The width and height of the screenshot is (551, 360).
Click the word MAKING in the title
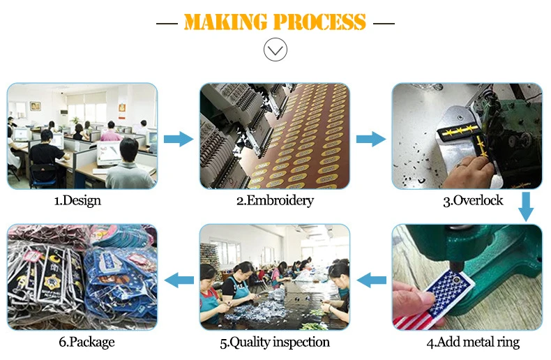click(x=226, y=22)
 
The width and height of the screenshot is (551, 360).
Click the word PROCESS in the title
click(x=319, y=22)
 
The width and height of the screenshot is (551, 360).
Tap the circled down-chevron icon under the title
click(x=275, y=50)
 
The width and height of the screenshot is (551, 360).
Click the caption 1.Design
click(x=77, y=201)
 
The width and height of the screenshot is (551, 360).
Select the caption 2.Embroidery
click(x=274, y=201)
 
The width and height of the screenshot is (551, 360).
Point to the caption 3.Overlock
click(x=472, y=201)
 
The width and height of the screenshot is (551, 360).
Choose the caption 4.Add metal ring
click(x=473, y=343)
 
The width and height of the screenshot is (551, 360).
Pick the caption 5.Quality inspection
click(x=275, y=343)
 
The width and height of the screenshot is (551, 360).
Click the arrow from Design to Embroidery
click(x=179, y=138)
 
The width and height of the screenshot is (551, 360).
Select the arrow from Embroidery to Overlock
click(x=370, y=138)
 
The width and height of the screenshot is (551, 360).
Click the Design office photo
click(x=82, y=136)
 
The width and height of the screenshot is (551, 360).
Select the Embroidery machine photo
click(x=274, y=136)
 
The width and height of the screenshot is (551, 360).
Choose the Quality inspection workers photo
click(x=274, y=277)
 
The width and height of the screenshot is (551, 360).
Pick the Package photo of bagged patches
click(x=82, y=277)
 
